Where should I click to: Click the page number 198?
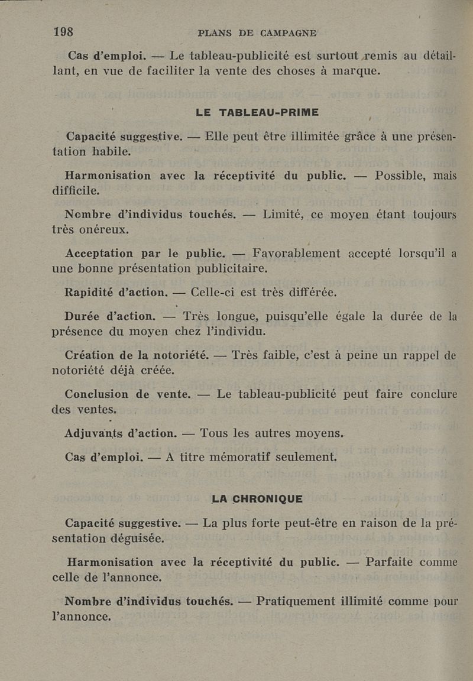click(x=63, y=33)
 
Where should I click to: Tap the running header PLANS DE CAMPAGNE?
click(x=257, y=33)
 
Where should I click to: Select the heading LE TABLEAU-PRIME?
click(x=257, y=112)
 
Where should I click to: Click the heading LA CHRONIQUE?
click(x=257, y=499)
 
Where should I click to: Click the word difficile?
click(x=76, y=191)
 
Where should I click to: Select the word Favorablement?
click(x=296, y=254)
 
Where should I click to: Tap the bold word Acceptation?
click(x=99, y=254)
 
